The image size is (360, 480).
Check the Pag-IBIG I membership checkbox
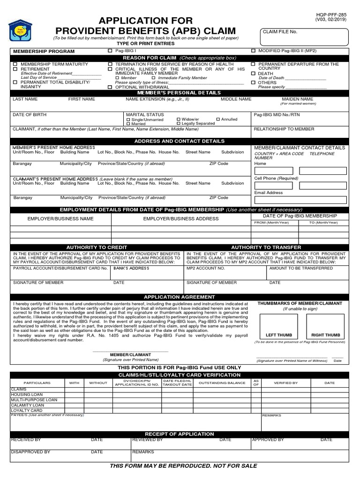110,51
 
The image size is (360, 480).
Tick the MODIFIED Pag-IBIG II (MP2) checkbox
253,51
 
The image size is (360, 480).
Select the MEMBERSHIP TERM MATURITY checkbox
15,64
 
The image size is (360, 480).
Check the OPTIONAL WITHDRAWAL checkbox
110,87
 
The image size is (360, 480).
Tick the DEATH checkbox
253,74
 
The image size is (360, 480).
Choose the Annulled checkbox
218,120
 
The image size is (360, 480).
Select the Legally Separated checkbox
178,124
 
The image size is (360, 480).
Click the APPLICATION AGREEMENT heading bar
180,297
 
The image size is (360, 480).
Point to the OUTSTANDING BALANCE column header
222,383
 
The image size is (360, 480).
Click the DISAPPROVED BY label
30,452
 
